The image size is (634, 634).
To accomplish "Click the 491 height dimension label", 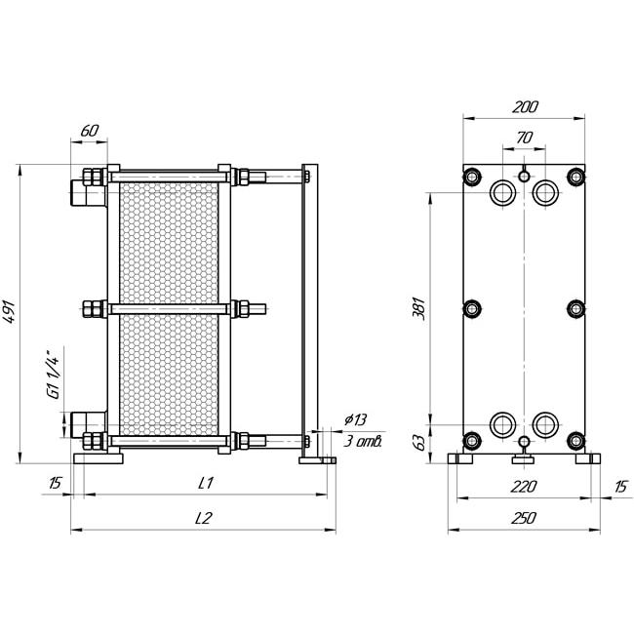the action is (10, 312).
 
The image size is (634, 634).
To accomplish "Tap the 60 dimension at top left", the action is (90, 131).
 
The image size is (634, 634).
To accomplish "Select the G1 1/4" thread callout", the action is (54, 374).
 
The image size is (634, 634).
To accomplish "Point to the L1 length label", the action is (206, 483).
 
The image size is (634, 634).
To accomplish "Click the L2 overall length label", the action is (204, 518).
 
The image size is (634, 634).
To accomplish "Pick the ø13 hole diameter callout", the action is (355, 419).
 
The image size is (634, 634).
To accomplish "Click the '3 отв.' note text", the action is (363, 441).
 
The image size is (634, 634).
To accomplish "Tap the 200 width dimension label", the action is (525, 107).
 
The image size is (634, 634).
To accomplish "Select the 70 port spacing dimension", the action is (524, 138).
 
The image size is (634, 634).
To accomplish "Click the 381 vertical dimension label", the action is (420, 309).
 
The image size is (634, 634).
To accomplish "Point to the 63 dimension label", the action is (420, 443).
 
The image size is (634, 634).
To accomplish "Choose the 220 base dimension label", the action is (523, 487).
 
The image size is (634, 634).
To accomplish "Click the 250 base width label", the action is (523, 518).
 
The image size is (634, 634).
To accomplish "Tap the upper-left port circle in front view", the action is (502, 192).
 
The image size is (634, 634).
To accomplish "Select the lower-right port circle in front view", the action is (545, 425).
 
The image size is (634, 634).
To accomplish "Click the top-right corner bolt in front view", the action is (575, 177).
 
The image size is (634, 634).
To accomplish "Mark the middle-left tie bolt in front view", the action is (471, 309).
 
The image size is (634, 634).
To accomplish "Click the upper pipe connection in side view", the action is (89, 193).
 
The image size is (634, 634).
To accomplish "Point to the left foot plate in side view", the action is (99, 458).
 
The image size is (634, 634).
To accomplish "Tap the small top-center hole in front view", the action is (524, 176).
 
